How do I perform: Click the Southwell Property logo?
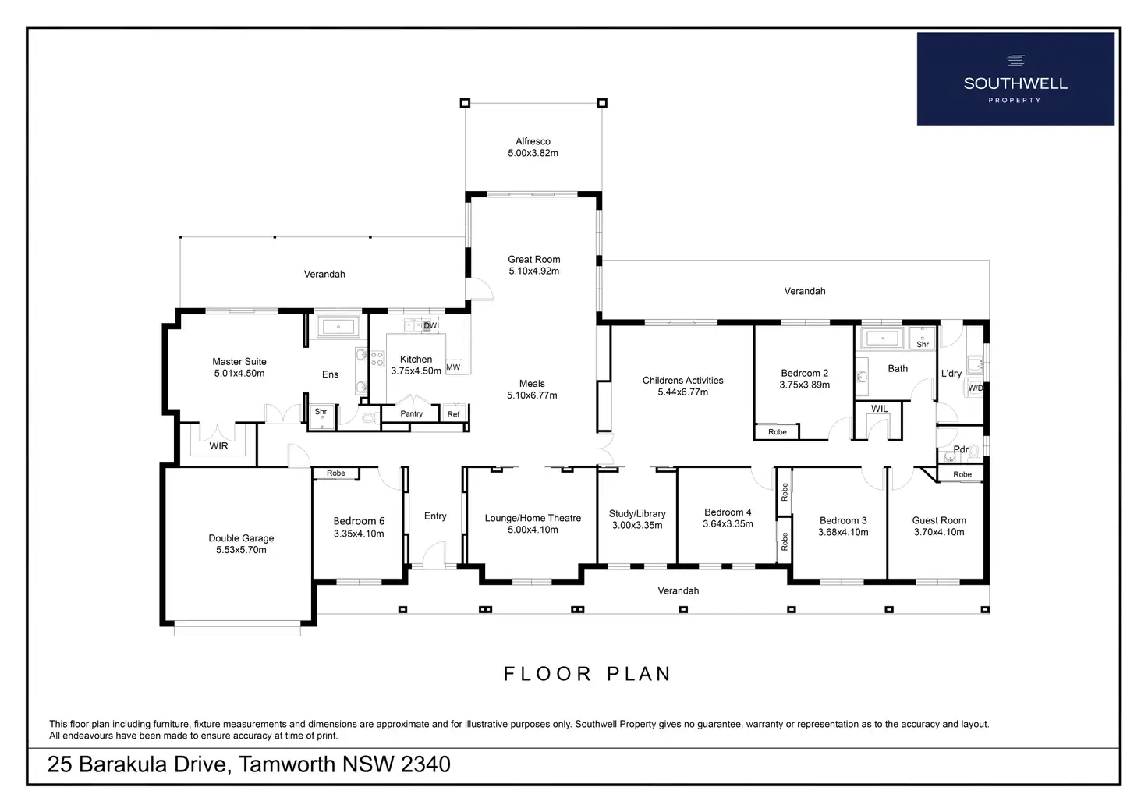(x=1015, y=79)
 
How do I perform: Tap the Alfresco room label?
(x=533, y=142)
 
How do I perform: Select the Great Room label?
(x=533, y=260)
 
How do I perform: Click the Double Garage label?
(x=241, y=538)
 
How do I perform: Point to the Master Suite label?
(x=239, y=362)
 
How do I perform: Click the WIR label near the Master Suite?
(x=218, y=446)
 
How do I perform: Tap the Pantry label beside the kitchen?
(x=411, y=414)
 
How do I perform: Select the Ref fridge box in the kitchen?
(x=454, y=414)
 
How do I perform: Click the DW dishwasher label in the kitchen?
(x=430, y=326)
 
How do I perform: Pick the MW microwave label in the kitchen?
(x=453, y=367)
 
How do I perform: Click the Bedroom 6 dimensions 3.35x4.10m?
(x=359, y=534)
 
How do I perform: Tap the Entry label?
(x=435, y=516)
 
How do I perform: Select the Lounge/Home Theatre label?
(x=533, y=518)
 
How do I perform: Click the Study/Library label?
(x=637, y=514)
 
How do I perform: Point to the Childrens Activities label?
(x=682, y=381)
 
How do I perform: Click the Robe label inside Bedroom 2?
(x=777, y=432)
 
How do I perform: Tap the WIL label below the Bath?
(x=879, y=409)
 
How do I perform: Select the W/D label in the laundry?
(x=975, y=388)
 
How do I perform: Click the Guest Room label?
(x=939, y=520)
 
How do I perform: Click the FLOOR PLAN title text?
(x=587, y=674)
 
